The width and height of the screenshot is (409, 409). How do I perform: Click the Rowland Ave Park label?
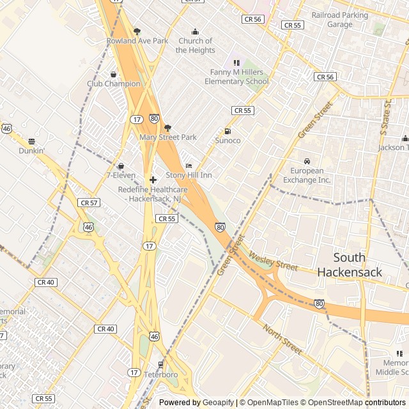pyautogui.click(x=137, y=41)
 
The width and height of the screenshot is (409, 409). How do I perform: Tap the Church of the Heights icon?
pyautogui.click(x=196, y=32)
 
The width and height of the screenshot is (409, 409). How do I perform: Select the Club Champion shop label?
pyautogui.click(x=114, y=84)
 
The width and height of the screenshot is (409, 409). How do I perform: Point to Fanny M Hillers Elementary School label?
pyautogui.click(x=236, y=77)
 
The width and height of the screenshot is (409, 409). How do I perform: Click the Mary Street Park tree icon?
pyautogui.click(x=168, y=128)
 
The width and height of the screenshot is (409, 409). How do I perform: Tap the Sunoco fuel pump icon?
pyautogui.click(x=228, y=132)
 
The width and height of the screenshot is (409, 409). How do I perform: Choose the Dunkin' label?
pyautogui.click(x=31, y=151)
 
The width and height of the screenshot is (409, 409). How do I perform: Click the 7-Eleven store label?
pyautogui.click(x=120, y=175)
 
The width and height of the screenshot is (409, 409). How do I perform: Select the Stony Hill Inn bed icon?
pyautogui.click(x=189, y=166)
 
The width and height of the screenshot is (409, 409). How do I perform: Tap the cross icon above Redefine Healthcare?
pyautogui.click(x=153, y=180)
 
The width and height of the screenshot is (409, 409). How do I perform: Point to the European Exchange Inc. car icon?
pyautogui.click(x=307, y=161)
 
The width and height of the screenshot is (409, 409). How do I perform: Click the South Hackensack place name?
pyautogui.click(x=350, y=265)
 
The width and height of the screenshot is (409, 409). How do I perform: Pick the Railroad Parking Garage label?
pyautogui.click(x=339, y=19)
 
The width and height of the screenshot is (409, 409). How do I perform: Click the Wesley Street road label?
pyautogui.click(x=273, y=261)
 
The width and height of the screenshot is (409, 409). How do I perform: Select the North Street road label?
pyautogui.click(x=282, y=339)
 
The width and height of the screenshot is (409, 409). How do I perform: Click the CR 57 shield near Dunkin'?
pyautogui.click(x=89, y=203)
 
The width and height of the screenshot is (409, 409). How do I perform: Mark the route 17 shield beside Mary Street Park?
pyautogui.click(x=137, y=120)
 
